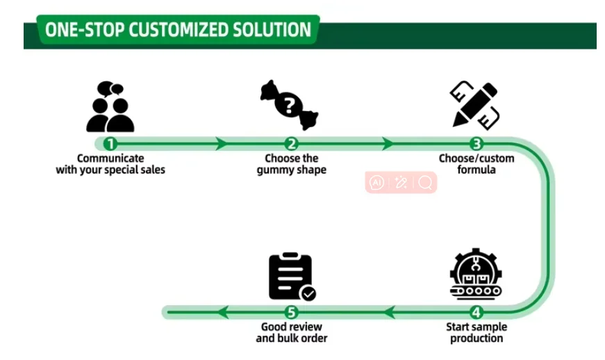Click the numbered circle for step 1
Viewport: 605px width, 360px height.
pyautogui.click(x=109, y=144)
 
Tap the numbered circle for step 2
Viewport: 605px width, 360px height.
pyautogui.click(x=292, y=144)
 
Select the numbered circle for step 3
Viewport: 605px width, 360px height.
pyautogui.click(x=476, y=144)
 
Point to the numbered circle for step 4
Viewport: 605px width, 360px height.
pyautogui.click(x=476, y=312)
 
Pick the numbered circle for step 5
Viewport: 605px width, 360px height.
pyautogui.click(x=292, y=312)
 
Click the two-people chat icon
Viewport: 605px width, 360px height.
pyautogui.click(x=110, y=107)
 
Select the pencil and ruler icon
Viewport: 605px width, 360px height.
pyautogui.click(x=475, y=104)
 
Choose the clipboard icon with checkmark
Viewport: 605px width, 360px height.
pyautogui.click(x=291, y=276)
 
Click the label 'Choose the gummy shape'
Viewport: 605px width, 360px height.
pyautogui.click(x=292, y=164)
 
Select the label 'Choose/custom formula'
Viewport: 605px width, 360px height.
pyautogui.click(x=476, y=164)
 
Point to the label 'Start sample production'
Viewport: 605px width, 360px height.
pyautogui.click(x=476, y=332)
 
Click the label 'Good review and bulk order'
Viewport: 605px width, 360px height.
pyautogui.click(x=292, y=332)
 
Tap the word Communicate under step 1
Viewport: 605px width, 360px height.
pyautogui.click(x=110, y=158)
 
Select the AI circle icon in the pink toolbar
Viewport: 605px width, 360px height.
pyautogui.click(x=377, y=182)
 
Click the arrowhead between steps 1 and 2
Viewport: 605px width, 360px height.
pyautogui.click(x=222, y=144)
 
